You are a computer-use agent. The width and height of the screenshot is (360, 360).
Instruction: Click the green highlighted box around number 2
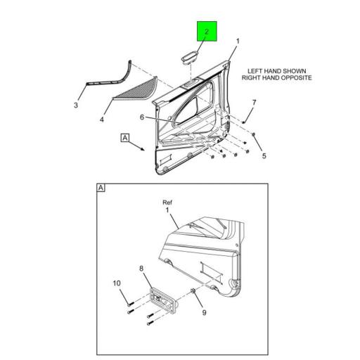207,31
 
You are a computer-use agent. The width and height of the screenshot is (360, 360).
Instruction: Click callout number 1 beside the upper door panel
238,41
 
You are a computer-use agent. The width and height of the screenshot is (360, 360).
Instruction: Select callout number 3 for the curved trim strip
76,105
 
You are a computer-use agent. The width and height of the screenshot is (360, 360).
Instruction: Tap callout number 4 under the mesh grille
101,120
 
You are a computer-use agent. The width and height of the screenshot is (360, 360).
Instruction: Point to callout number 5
264,156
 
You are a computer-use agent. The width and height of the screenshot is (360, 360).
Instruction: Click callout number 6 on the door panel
142,117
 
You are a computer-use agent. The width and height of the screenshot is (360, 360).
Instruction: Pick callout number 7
254,103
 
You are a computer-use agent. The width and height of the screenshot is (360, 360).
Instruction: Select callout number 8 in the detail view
141,269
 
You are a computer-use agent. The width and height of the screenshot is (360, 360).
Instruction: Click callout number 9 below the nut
204,312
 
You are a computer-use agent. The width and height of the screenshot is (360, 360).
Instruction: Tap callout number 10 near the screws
117,283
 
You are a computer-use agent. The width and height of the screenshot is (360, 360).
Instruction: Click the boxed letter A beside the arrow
125,138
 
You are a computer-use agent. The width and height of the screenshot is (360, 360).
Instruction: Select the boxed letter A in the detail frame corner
101,188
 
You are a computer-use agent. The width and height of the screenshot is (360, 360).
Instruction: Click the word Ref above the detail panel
167,202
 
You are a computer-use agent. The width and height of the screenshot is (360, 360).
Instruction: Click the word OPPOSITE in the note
296,78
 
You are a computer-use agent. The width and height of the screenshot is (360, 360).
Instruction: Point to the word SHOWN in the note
295,71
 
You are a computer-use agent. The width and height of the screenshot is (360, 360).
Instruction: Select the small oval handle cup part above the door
191,57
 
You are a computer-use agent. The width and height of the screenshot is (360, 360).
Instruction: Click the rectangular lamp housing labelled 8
162,301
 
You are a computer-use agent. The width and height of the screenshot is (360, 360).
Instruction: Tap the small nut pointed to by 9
193,291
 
